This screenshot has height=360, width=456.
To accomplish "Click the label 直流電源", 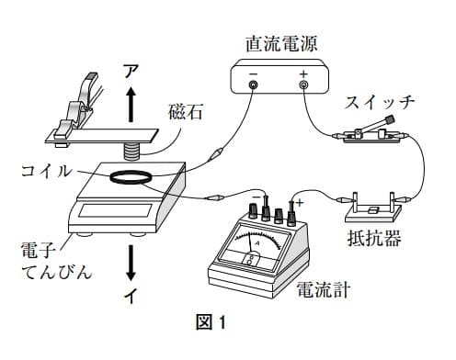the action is [281, 44].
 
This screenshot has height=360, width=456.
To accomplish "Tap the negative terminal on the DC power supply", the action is [254, 84].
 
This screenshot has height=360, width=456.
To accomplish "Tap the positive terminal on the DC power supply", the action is [303, 84].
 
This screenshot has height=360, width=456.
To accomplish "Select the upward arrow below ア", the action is [131, 105].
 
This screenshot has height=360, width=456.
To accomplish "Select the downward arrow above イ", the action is [131, 263].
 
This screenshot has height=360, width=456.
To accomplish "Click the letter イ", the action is [131, 296].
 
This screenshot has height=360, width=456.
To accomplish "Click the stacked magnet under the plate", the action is [131, 152].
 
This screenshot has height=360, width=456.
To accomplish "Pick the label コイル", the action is [46, 171].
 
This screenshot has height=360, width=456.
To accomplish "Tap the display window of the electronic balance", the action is [116, 210].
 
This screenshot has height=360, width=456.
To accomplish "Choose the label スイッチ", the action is [380, 103].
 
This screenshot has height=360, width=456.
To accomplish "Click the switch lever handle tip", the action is [390, 118].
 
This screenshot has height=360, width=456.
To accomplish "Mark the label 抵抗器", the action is [374, 238].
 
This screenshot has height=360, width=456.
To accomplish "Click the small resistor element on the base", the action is [373, 210].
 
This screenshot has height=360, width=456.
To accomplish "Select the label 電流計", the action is [324, 289].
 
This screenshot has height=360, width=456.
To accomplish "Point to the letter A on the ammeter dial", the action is [257, 243].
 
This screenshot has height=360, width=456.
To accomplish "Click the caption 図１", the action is [211, 321].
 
